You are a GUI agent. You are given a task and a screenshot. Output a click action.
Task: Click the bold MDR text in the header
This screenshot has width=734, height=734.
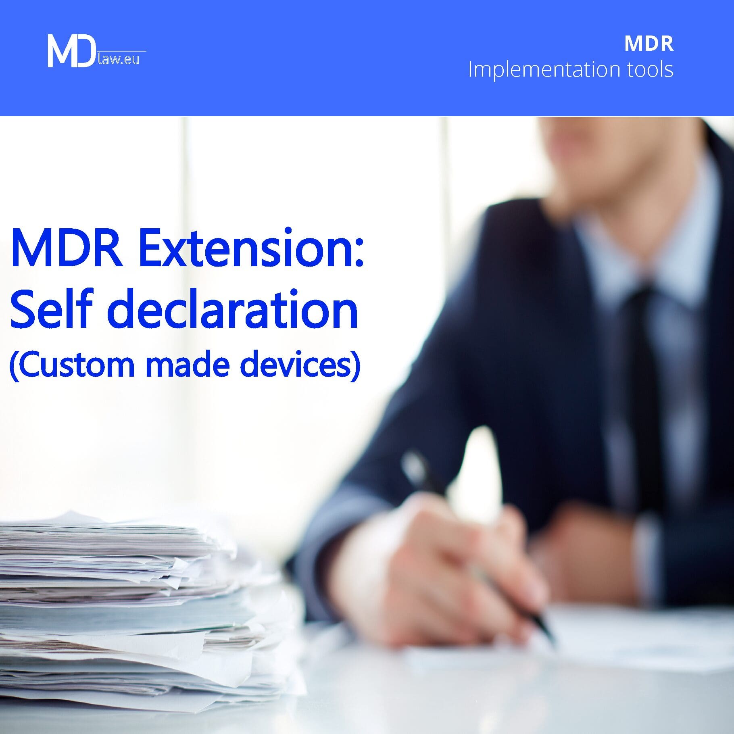pyautogui.click(x=649, y=44)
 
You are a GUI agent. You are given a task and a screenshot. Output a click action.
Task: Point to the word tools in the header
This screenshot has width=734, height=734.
pyautogui.click(x=650, y=69)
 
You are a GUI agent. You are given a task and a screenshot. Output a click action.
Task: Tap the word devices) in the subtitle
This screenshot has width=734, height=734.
pyautogui.click(x=300, y=364)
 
